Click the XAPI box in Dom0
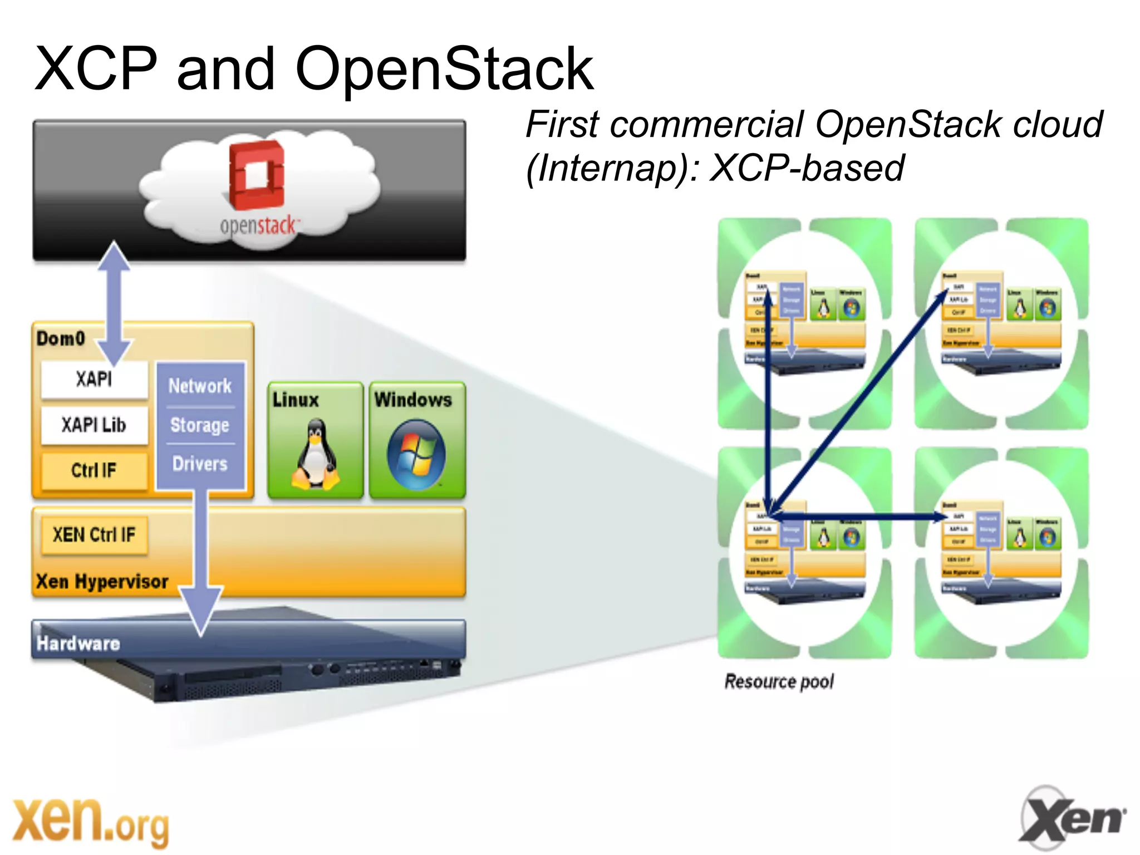click(94, 380)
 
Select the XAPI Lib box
click(94, 425)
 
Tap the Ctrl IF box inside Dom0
click(94, 471)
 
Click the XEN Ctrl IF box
click(94, 535)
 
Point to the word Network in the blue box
click(200, 386)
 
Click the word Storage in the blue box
click(200, 425)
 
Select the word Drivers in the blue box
click(200, 464)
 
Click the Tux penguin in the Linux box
click(316, 455)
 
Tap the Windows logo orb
click(416, 455)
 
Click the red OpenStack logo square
click(257, 175)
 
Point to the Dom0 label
click(60, 338)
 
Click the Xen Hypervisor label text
click(102, 582)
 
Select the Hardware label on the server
click(78, 643)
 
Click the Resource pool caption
click(779, 681)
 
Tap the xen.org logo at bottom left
click(91, 822)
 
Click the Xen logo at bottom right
click(1072, 818)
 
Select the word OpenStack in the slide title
click(444, 69)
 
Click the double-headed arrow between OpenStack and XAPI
click(114, 303)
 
